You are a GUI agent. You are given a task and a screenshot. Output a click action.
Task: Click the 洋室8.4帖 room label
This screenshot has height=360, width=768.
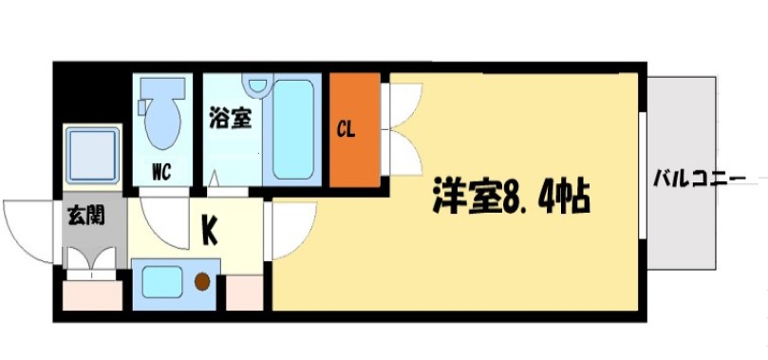pos(511,197)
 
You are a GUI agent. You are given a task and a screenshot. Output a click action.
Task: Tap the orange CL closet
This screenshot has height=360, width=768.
pos(354,129)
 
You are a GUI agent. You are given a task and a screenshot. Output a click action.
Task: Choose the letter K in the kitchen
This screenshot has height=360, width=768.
pos(209,229)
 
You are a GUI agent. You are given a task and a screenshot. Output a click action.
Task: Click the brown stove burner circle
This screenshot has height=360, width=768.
pos(202,281)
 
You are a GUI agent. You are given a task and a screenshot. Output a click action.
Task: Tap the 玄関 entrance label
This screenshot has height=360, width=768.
pos(85,216)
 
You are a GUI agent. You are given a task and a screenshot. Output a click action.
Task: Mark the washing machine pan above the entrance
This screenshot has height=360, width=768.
pos(92,154)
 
